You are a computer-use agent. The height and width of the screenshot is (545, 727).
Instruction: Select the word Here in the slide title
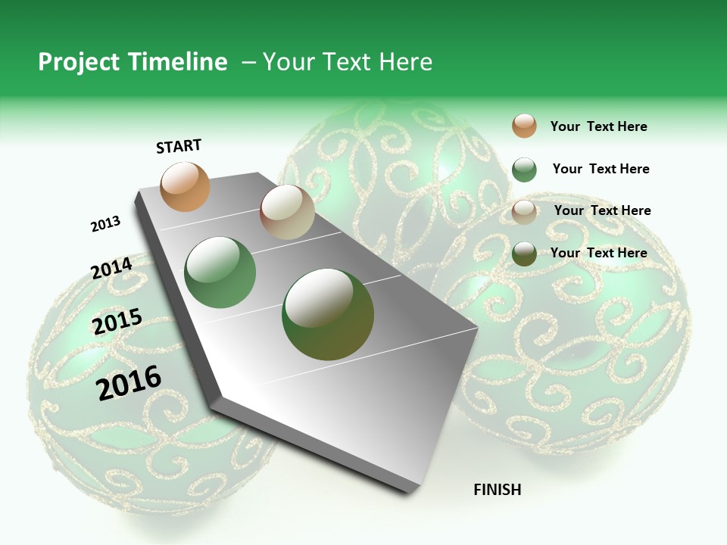click(x=405, y=62)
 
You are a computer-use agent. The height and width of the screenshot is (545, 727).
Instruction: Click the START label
click(x=179, y=146)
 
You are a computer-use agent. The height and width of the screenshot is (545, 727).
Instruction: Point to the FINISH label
click(x=498, y=490)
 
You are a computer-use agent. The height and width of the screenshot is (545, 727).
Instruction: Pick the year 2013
click(x=105, y=224)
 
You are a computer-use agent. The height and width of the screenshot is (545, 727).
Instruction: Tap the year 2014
click(x=111, y=268)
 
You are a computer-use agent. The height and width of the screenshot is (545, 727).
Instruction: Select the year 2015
click(x=117, y=322)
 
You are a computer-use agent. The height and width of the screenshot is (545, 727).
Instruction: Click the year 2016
click(x=129, y=382)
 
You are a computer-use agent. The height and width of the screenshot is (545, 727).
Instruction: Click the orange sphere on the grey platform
click(x=186, y=186)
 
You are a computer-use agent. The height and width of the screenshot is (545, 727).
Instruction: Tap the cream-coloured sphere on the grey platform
click(x=287, y=212)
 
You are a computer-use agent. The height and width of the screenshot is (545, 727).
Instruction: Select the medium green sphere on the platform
click(x=220, y=272)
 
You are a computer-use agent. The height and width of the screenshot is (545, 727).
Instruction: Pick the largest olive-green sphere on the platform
click(x=328, y=314)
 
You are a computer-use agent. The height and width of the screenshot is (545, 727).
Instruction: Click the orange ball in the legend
click(x=524, y=126)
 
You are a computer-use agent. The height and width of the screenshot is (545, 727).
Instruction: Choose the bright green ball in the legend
click(x=524, y=170)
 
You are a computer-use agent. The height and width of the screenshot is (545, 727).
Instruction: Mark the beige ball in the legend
click(x=524, y=212)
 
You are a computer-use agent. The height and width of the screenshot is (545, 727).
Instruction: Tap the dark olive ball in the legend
click(x=524, y=254)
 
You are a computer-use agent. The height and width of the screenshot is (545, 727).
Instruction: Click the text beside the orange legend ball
click(x=598, y=126)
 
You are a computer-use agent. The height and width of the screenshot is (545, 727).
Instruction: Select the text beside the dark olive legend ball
click(x=598, y=253)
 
